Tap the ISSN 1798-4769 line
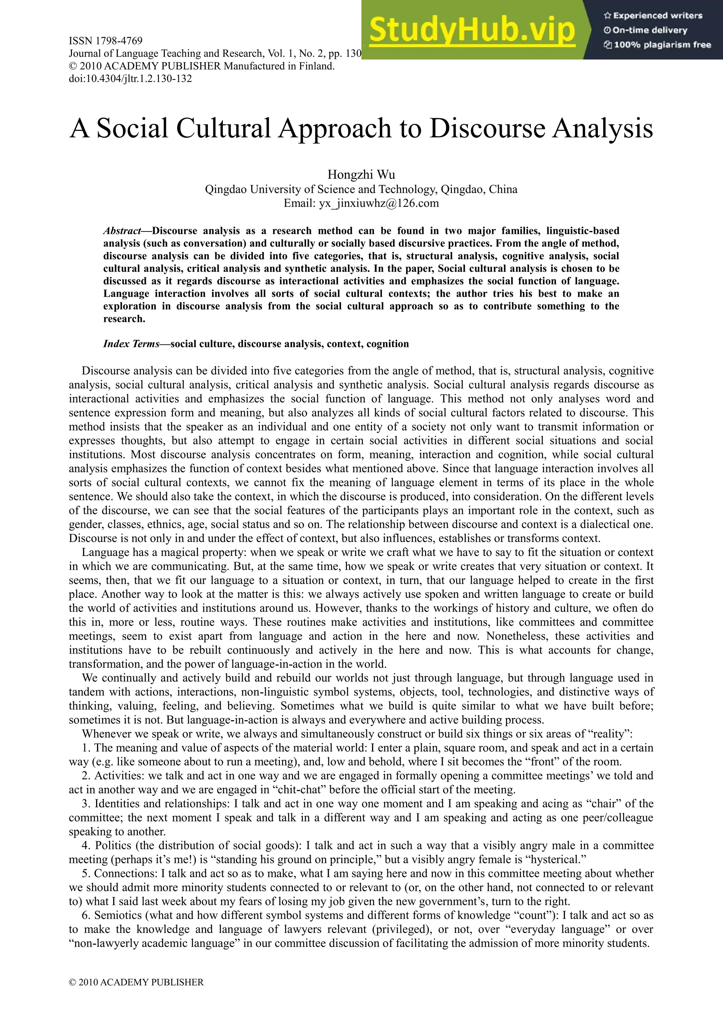[106, 41]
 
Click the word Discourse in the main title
[488, 129]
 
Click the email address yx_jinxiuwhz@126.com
[378, 203]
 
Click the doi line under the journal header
[130, 79]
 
